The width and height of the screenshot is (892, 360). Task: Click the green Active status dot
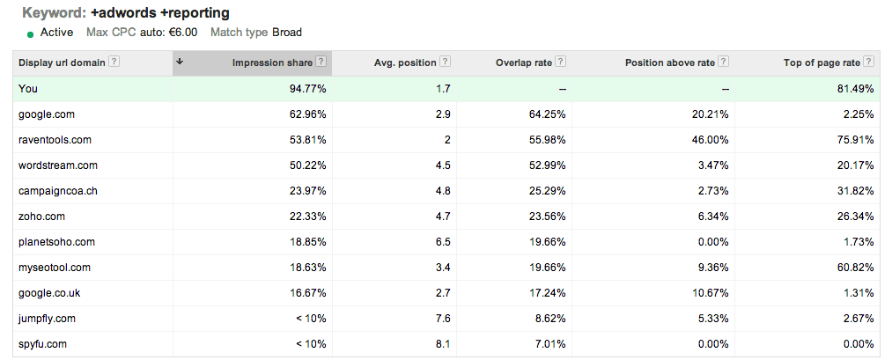pyautogui.click(x=30, y=34)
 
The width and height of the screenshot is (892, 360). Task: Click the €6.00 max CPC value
pyautogui.click(x=183, y=33)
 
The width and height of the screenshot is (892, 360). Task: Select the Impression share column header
pyautogui.click(x=272, y=62)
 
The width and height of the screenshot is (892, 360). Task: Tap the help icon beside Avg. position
pyautogui.click(x=445, y=62)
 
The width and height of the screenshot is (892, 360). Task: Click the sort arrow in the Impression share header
pyautogui.click(x=180, y=62)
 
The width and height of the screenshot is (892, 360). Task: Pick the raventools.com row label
pyautogui.click(x=55, y=140)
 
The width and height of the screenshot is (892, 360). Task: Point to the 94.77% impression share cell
pyautogui.click(x=308, y=89)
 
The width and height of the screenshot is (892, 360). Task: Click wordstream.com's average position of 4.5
pyautogui.click(x=443, y=165)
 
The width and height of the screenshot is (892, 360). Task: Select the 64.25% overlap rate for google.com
pyautogui.click(x=547, y=114)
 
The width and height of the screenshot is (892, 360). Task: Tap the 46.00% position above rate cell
pyautogui.click(x=710, y=140)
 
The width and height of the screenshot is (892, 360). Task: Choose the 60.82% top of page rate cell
pyautogui.click(x=856, y=268)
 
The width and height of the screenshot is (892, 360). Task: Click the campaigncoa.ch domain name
pyautogui.click(x=58, y=191)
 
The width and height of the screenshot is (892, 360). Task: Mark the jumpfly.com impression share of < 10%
pyautogui.click(x=311, y=319)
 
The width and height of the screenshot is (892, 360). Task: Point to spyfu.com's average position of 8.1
pyautogui.click(x=443, y=344)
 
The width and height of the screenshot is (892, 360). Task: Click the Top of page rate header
pyautogui.click(x=822, y=62)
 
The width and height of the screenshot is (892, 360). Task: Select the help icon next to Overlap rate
pyautogui.click(x=560, y=62)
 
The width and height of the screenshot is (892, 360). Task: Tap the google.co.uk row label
pyautogui.click(x=49, y=293)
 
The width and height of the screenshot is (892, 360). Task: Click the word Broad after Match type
pyautogui.click(x=287, y=33)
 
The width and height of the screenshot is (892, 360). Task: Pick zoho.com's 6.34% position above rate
pyautogui.click(x=712, y=217)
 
